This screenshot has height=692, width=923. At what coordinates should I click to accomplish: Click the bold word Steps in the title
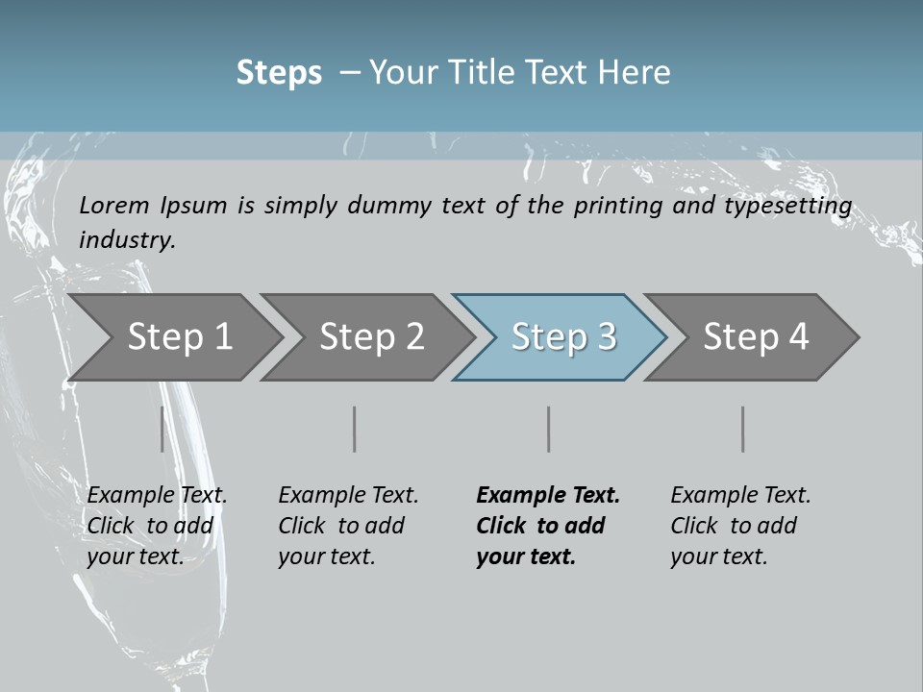point(279,73)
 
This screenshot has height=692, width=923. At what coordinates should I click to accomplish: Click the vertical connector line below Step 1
point(162,429)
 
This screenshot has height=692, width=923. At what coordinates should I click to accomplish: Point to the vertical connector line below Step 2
point(355,429)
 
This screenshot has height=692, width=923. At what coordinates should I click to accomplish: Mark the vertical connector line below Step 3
point(549,429)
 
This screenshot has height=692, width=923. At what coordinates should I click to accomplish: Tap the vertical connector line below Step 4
point(743,429)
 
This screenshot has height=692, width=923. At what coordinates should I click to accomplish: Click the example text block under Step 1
point(157,526)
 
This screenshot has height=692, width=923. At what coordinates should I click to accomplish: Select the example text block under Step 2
point(348,526)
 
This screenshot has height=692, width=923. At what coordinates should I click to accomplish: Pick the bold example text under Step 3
point(547,526)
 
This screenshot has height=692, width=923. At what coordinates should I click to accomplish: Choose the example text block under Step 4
point(740,526)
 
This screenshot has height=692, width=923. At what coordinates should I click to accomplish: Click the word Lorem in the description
point(114,205)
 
